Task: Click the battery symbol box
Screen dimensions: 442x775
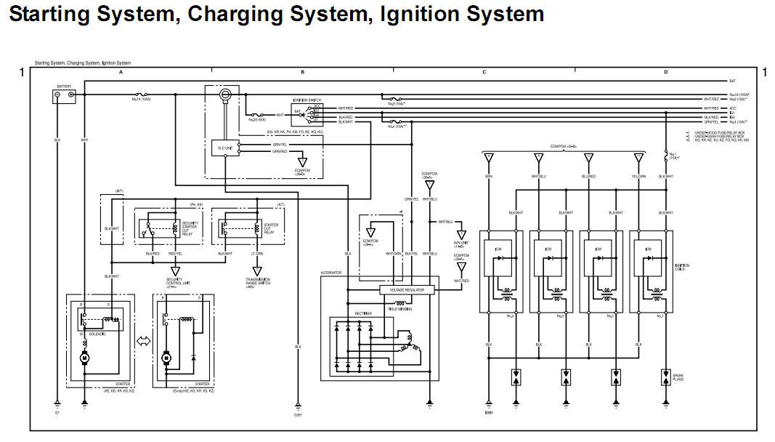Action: tap(65, 95)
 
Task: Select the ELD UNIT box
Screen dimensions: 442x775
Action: tap(226, 148)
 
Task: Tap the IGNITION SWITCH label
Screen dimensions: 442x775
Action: tap(307, 100)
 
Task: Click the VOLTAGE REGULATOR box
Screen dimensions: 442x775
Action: tap(407, 289)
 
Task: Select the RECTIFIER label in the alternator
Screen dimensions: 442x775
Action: tap(363, 313)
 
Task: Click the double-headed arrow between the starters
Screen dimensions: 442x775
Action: tap(143, 341)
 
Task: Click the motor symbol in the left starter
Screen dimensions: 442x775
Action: tap(84, 358)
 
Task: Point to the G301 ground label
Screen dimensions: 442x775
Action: tap(298, 415)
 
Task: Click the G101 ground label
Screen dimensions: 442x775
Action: tap(488, 414)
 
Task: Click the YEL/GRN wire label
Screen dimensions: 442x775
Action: tap(638, 177)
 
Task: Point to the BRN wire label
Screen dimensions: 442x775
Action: tap(489, 177)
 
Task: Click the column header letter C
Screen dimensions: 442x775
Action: tap(484, 73)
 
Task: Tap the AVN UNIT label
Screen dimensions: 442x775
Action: tap(460, 244)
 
